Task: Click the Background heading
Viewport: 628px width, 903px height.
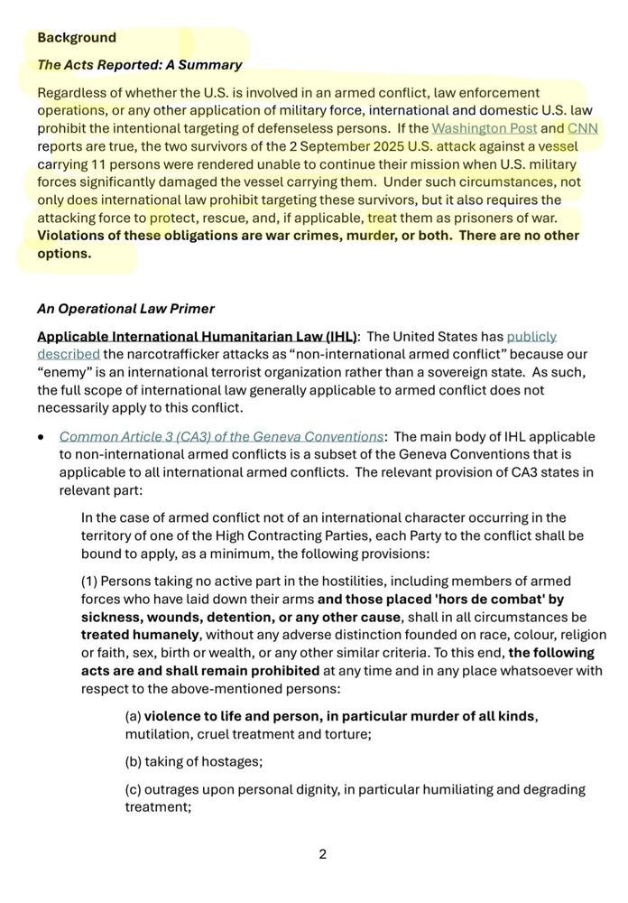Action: (x=77, y=38)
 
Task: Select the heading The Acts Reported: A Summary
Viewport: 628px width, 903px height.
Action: (x=140, y=65)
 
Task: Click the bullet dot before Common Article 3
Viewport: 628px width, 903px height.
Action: (x=42, y=437)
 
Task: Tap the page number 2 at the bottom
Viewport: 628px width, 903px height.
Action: (x=322, y=854)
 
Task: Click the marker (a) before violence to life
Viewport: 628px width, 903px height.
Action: (x=134, y=716)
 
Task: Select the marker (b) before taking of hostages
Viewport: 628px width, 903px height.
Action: (x=134, y=761)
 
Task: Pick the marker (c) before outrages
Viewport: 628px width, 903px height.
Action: (x=134, y=789)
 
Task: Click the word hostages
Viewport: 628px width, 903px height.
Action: (x=233, y=761)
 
